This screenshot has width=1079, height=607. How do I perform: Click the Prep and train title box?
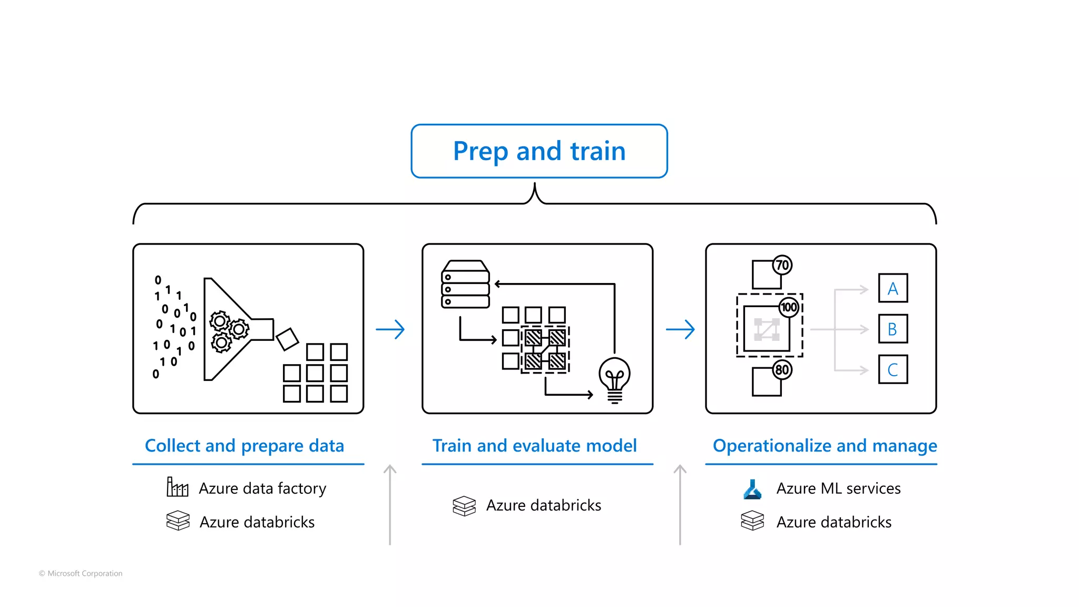pos(539,151)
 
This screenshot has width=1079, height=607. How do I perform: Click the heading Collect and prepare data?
pos(244,446)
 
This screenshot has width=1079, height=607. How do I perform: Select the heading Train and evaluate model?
pos(534,446)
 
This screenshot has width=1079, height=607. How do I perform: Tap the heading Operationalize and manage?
pos(825,446)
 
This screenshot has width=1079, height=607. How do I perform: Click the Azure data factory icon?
pos(177,487)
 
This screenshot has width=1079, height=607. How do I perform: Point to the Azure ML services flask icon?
pos(752,489)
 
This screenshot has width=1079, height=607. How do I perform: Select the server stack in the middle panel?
pos(465,285)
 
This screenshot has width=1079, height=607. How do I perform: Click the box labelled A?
pos(892,288)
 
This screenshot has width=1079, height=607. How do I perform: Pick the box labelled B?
pos(892,329)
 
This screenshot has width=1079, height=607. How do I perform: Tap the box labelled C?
pos(892,369)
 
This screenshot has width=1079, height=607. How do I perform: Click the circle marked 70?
pos(782,265)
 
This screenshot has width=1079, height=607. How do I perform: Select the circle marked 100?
pos(789,307)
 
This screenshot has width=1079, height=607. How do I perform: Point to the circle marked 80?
pos(782,369)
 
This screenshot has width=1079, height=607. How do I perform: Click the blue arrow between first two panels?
pos(390,329)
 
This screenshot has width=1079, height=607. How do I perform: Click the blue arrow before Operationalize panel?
pos(680,329)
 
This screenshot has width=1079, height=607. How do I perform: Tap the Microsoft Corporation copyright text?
pos(81,573)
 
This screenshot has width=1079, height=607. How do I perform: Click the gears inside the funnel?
pos(228,330)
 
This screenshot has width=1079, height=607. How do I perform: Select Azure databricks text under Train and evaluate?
pos(543,505)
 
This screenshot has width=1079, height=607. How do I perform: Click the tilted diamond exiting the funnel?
pos(287,339)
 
